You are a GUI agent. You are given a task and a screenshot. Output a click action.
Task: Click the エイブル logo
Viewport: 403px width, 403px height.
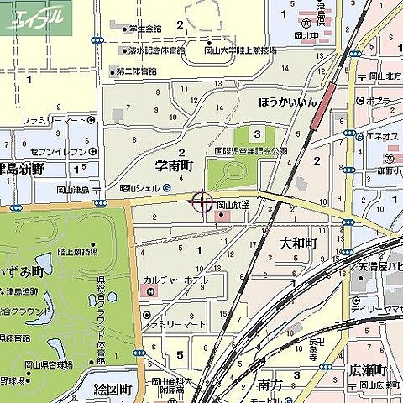[35, 16]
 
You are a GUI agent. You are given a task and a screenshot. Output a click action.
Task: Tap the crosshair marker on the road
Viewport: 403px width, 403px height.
[202, 201]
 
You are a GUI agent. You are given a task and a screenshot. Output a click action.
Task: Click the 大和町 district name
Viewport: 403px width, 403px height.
[297, 243]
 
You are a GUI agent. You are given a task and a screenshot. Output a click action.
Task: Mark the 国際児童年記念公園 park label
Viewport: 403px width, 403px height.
[250, 152]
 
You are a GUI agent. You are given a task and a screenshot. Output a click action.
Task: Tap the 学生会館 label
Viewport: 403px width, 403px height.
[144, 29]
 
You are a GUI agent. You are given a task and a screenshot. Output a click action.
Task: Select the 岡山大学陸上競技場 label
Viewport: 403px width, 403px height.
[236, 50]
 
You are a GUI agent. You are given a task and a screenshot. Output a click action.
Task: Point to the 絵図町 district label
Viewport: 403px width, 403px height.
[113, 389]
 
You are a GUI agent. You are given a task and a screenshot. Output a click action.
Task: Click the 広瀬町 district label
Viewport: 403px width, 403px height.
[366, 371]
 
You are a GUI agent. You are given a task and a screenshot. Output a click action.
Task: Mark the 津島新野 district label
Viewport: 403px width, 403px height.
[22, 169]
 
